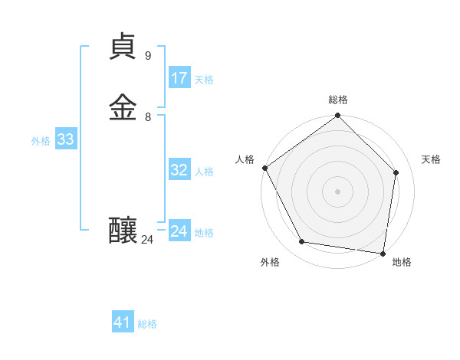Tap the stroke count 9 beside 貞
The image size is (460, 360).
pyautogui.click(x=148, y=56)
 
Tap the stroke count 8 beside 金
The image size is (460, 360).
pyautogui.click(x=148, y=116)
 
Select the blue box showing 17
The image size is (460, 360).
pyautogui.click(x=179, y=78)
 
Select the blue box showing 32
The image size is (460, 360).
pyautogui.click(x=179, y=170)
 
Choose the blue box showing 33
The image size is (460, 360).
pyautogui.click(x=65, y=140)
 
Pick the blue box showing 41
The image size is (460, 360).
pyautogui.click(x=123, y=322)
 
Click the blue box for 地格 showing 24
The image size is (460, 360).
pyautogui.click(x=179, y=231)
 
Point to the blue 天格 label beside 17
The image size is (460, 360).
pyautogui.click(x=204, y=80)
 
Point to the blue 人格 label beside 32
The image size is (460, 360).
pyautogui.click(x=204, y=172)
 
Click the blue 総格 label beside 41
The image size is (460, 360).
pyautogui.click(x=147, y=324)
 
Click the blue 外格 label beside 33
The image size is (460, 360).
pyautogui.click(x=41, y=141)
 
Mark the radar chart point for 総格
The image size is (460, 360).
pyautogui.click(x=337, y=116)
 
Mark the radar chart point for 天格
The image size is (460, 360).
pyautogui.click(x=396, y=172)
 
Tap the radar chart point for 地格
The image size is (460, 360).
pyautogui.click(x=383, y=253)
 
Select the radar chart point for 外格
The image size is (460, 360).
pyautogui.click(x=302, y=242)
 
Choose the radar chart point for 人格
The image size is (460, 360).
pyautogui.click(x=264, y=168)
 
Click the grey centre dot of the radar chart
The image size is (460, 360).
pyautogui.click(x=337, y=191)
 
